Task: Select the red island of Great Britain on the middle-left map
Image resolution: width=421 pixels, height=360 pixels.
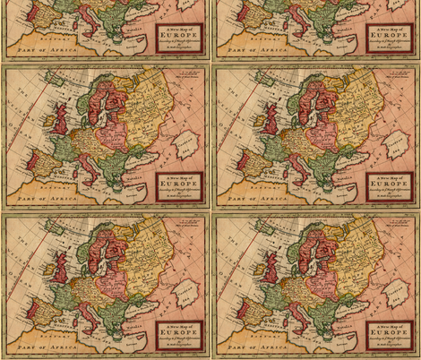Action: pyautogui.click(x=62, y=119)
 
